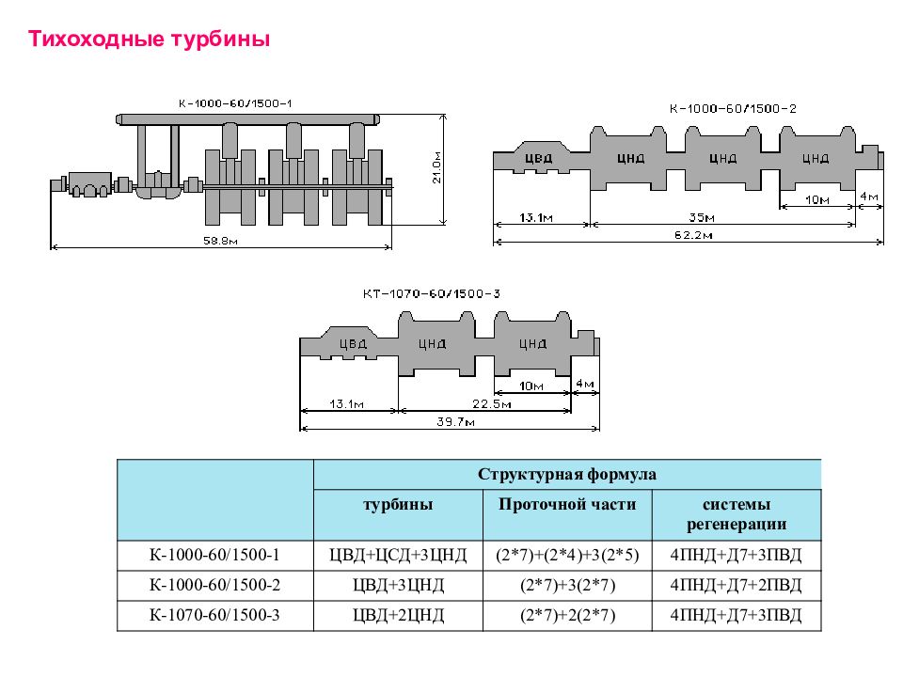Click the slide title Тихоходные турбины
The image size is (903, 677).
(x=150, y=39)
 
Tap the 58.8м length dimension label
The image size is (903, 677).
(x=220, y=241)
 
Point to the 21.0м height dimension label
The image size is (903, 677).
(x=436, y=167)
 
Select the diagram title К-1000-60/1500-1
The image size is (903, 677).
(x=235, y=103)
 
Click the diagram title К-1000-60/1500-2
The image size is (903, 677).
(x=733, y=109)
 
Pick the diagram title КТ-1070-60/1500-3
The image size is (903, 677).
(x=432, y=293)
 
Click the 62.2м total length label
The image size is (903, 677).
(x=693, y=235)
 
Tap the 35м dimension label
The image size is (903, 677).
(x=702, y=217)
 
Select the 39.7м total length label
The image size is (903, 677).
(x=455, y=422)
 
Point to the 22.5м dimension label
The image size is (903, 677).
(x=492, y=404)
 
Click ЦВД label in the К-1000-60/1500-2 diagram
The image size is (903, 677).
(x=538, y=158)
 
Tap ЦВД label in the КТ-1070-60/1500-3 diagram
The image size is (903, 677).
(x=353, y=344)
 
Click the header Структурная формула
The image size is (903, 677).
(x=566, y=474)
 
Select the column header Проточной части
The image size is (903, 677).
(x=567, y=505)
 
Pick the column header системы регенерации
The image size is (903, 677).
(x=736, y=514)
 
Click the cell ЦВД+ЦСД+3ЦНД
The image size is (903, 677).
(x=398, y=555)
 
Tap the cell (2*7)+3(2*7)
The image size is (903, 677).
(x=567, y=585)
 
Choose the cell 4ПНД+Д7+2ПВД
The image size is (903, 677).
(x=736, y=585)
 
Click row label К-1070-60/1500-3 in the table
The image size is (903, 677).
(x=214, y=615)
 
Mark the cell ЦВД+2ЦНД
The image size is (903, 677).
(x=398, y=615)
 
